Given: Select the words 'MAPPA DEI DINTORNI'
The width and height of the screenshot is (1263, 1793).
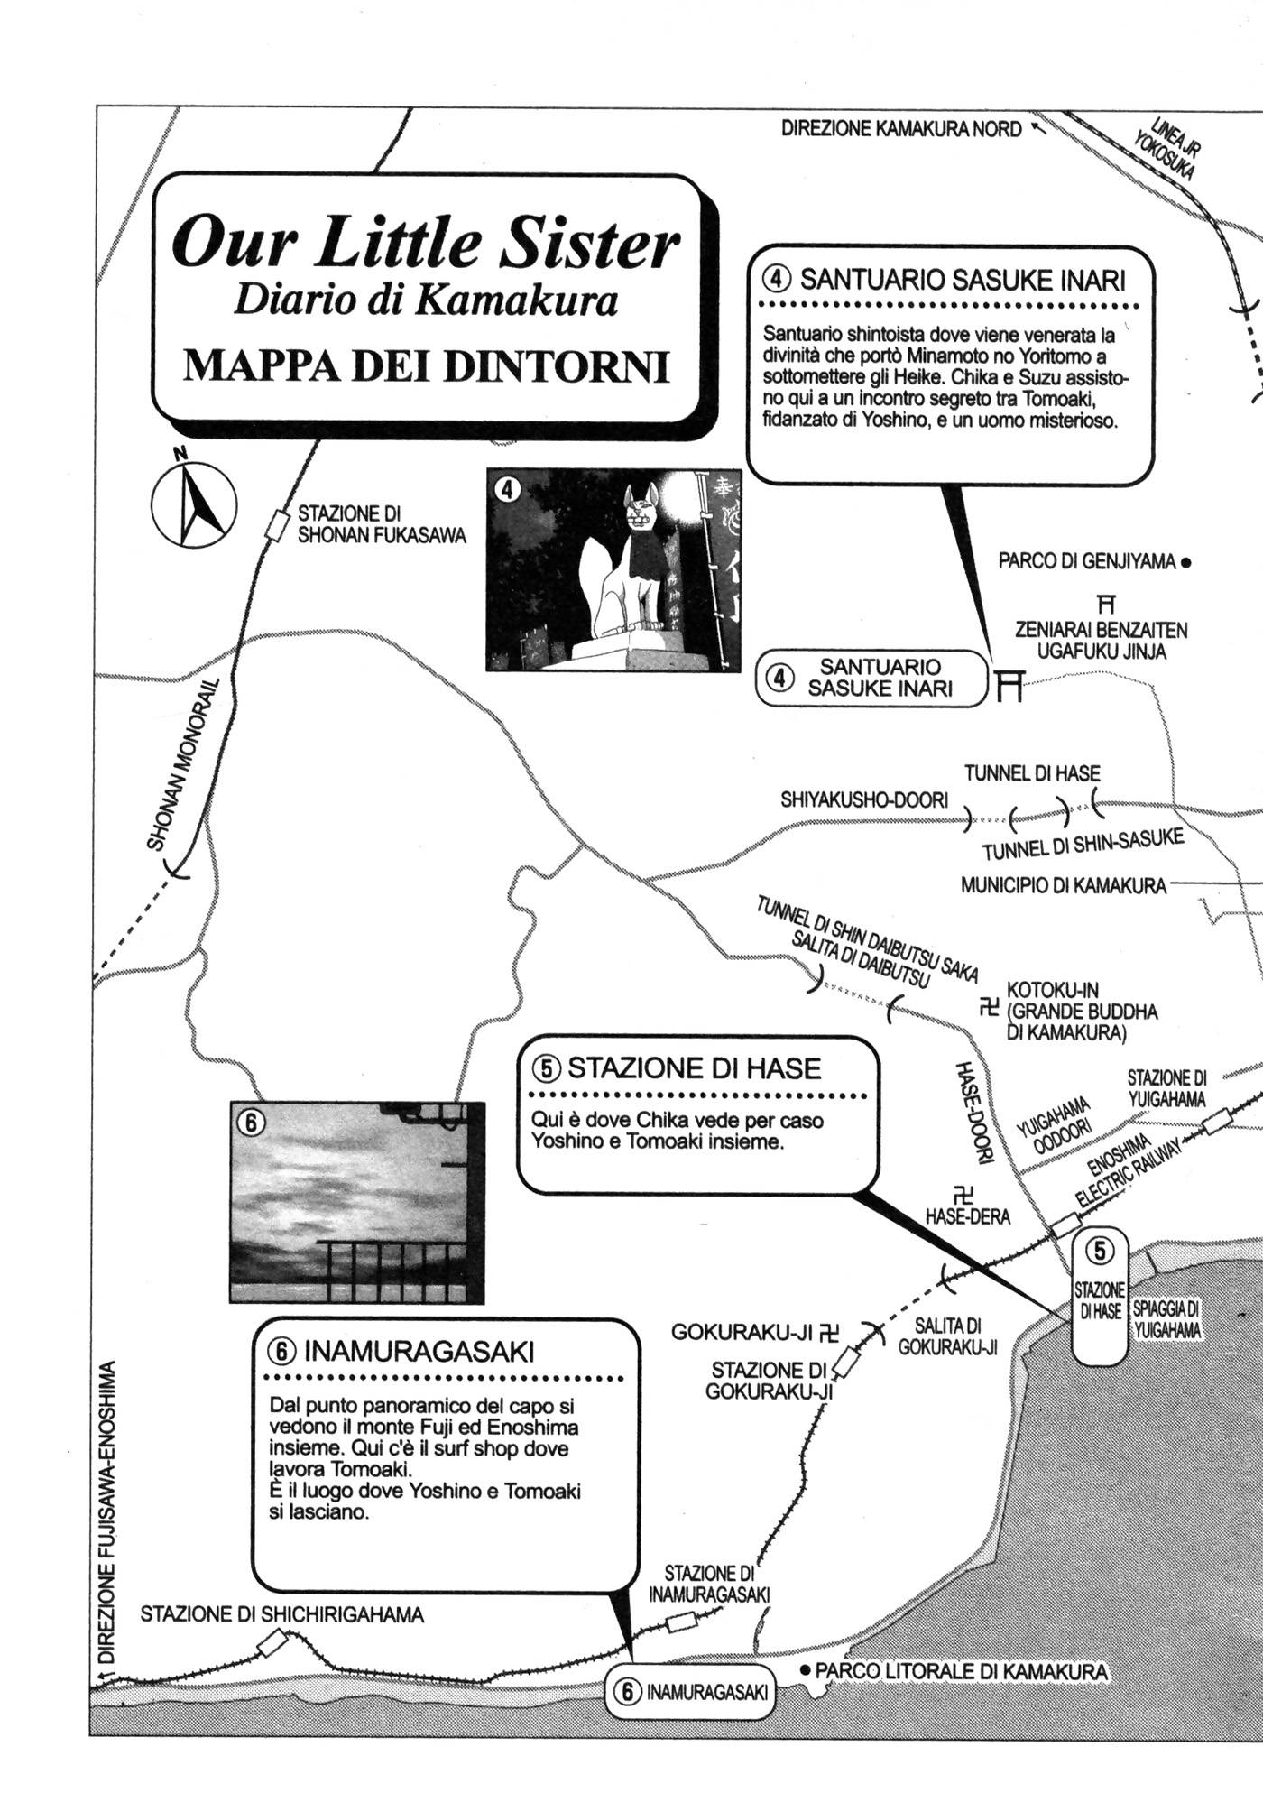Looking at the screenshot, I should click(427, 366).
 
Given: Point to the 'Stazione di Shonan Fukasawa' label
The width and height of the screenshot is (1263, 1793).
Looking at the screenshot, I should click(382, 525).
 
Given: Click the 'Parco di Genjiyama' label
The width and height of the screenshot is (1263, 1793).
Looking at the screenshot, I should click(1086, 562).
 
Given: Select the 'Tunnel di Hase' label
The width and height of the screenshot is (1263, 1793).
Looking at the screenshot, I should click(1032, 773).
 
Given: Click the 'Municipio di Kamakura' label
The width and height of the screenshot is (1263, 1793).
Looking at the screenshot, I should click(1063, 886).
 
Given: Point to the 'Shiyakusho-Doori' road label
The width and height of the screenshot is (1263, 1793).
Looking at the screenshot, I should click(864, 800).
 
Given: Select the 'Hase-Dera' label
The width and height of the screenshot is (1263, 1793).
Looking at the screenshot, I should click(967, 1217).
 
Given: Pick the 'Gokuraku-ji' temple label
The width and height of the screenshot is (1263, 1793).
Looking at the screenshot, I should click(742, 1332).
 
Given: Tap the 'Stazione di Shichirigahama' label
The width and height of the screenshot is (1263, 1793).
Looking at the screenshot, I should click(281, 1614).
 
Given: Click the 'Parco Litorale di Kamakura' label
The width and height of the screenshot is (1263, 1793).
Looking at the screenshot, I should click(961, 1671).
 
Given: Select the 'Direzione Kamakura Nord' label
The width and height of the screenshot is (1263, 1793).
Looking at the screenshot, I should click(900, 129).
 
